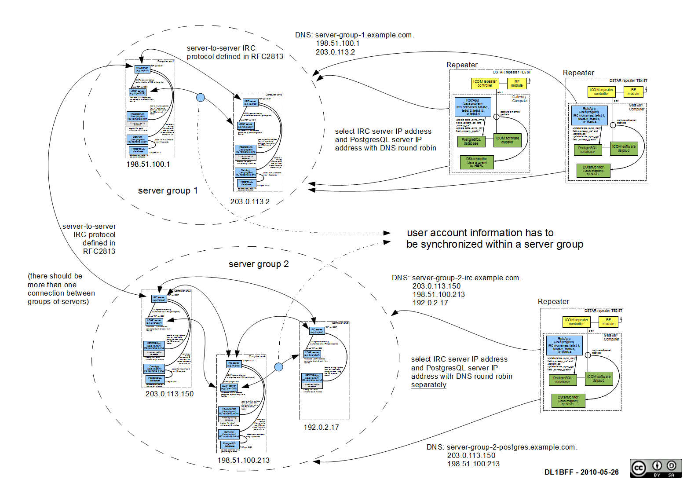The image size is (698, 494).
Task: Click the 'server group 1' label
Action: pos(168,190)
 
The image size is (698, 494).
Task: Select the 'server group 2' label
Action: pos(259,264)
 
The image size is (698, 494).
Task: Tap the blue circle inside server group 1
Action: pos(201,98)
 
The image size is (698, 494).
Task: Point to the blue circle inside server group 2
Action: pos(278,367)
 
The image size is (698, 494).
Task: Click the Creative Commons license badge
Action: pos(655,468)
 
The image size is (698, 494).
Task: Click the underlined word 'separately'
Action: pos(428,385)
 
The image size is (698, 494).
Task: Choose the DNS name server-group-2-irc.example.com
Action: pos(465,278)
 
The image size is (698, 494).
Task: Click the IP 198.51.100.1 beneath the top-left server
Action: pos(148,164)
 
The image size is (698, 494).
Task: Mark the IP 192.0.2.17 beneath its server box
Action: pos(321,427)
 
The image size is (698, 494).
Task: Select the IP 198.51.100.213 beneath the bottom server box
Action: pos(243,460)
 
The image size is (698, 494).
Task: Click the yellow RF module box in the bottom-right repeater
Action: pos(608,322)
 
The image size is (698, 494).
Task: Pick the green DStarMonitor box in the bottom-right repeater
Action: pos(568,400)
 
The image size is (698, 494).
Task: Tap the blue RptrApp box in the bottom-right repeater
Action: pos(564,345)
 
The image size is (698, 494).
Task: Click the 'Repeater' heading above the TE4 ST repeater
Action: pos(578,73)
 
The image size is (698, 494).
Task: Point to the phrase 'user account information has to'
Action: pos(480,233)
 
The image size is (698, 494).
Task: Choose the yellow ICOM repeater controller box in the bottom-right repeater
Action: pos(576,322)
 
